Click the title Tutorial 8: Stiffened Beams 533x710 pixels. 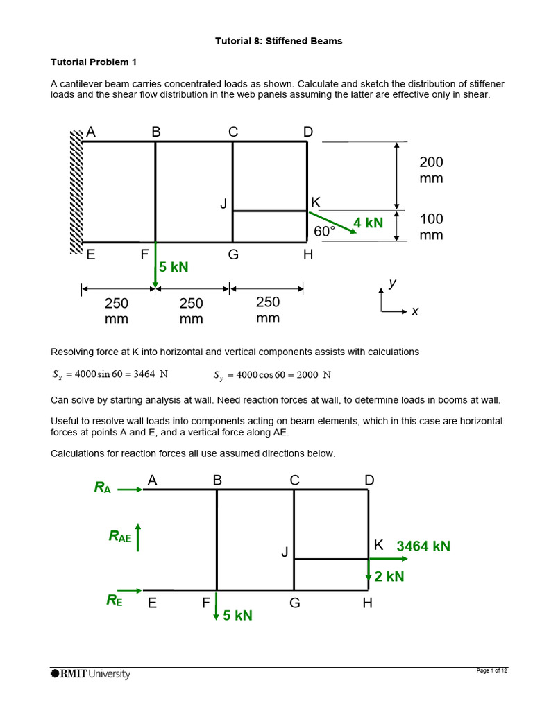[x=278, y=41]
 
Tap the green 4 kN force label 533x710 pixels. [x=368, y=223]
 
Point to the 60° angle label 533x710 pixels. [x=325, y=232]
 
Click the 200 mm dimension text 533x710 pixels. [x=431, y=170]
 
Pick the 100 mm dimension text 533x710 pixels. [x=431, y=227]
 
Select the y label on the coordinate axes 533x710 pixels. [x=392, y=283]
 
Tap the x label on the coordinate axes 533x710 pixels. [x=415, y=311]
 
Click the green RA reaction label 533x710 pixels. [x=103, y=487]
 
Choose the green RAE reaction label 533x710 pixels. [x=119, y=535]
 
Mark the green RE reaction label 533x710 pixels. [x=114, y=600]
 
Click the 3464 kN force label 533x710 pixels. [x=423, y=546]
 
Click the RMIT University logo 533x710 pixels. [x=90, y=673]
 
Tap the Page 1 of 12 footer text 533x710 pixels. [x=492, y=670]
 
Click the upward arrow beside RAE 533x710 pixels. [x=139, y=536]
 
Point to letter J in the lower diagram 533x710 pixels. [x=284, y=552]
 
